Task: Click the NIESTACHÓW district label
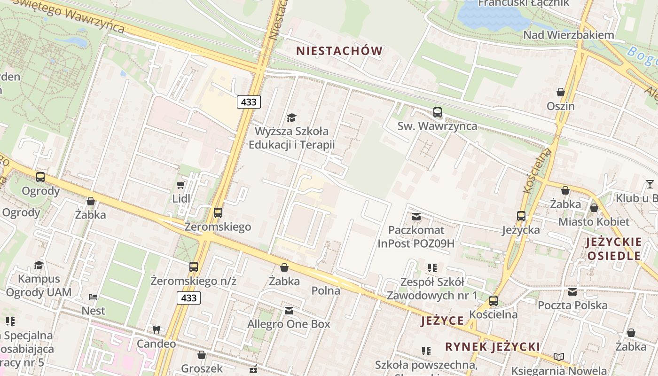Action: pyautogui.click(x=339, y=51)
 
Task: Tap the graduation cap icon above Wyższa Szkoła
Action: pyautogui.click(x=291, y=117)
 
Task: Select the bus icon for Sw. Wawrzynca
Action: pyautogui.click(x=437, y=112)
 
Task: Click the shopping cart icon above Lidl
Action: pyautogui.click(x=180, y=185)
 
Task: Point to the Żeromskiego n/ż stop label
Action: pyautogui.click(x=193, y=281)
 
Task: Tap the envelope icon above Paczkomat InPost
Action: pyautogui.click(x=416, y=217)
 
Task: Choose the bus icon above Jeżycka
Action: pyautogui.click(x=521, y=216)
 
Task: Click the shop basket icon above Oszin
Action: pyautogui.click(x=560, y=92)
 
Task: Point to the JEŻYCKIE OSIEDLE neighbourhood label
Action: pyautogui.click(x=614, y=249)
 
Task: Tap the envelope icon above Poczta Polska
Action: pyautogui.click(x=572, y=292)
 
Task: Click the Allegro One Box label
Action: pyautogui.click(x=289, y=324)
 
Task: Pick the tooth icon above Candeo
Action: pyautogui.click(x=156, y=330)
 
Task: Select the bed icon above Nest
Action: pyautogui.click(x=93, y=297)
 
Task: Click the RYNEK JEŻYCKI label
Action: pyautogui.click(x=493, y=347)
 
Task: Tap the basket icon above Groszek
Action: pyautogui.click(x=201, y=354)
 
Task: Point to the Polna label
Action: pyautogui.click(x=326, y=290)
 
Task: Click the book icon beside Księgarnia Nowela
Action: pyautogui.click(x=558, y=357)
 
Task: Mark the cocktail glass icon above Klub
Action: pyautogui.click(x=650, y=184)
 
